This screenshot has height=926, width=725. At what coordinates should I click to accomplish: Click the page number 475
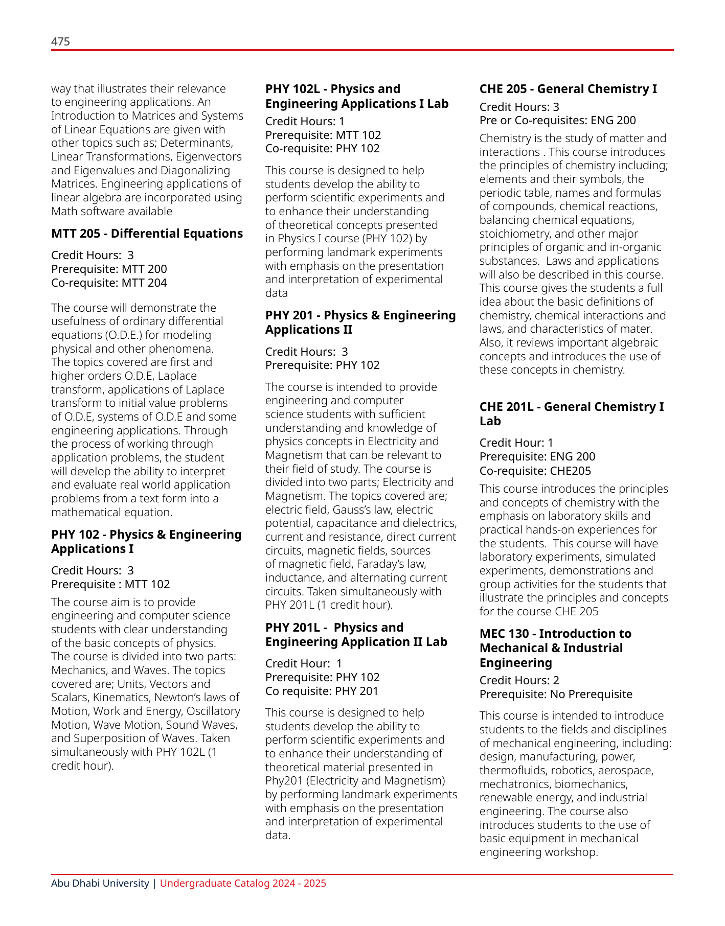(x=60, y=41)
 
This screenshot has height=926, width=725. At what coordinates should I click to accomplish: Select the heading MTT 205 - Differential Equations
(x=147, y=234)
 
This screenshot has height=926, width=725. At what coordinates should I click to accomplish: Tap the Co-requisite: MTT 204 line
(x=109, y=283)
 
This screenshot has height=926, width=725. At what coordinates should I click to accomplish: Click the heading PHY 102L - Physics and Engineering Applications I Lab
(x=356, y=96)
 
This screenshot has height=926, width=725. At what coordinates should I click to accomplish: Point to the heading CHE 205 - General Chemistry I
(x=568, y=89)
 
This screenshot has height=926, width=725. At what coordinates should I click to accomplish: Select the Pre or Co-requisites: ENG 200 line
(x=557, y=121)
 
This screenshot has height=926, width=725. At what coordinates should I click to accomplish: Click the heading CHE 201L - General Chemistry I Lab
(x=571, y=414)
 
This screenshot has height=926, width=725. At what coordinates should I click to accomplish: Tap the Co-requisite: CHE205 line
(x=535, y=471)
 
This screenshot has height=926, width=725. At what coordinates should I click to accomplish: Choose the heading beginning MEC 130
(x=555, y=648)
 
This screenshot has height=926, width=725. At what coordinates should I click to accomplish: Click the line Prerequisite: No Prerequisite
(x=556, y=694)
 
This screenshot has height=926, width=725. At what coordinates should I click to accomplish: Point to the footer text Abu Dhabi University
(x=100, y=883)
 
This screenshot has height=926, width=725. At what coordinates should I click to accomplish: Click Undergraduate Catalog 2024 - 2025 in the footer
(x=243, y=883)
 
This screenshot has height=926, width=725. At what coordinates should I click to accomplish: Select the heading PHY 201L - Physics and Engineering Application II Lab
(x=356, y=635)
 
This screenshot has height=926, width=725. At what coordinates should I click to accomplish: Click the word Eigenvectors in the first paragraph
(x=211, y=157)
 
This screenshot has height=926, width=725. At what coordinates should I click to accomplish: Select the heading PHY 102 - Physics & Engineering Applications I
(x=146, y=542)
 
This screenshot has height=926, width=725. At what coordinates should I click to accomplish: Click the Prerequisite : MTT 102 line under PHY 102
(x=110, y=584)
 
